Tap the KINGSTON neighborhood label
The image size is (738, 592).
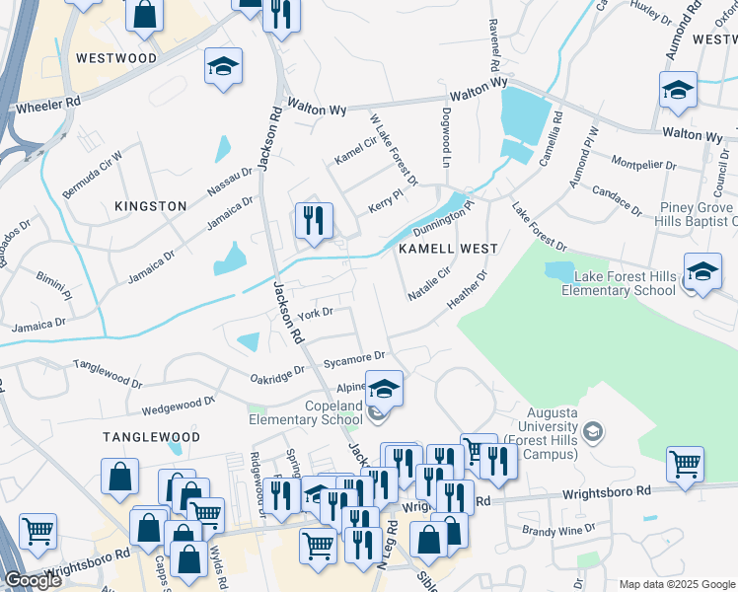click(x=150, y=206)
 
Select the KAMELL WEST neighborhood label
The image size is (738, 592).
click(x=447, y=250)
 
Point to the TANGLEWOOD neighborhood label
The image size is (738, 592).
click(x=150, y=436)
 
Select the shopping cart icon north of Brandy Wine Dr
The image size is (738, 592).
click(x=685, y=464)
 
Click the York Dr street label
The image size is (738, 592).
click(x=316, y=313)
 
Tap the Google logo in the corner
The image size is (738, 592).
click(x=33, y=580)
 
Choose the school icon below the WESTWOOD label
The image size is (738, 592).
click(x=223, y=68)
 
